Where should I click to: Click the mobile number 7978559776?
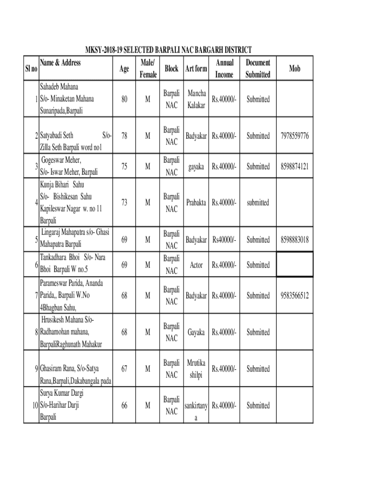pos(294,136)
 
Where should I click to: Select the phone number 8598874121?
pos(294,167)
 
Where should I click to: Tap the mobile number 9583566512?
pos(294,296)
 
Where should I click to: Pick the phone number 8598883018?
pos(294,239)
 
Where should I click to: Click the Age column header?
pos(124,69)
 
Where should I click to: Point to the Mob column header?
pos(294,69)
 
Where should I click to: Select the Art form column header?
pos(195,69)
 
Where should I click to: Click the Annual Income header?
pos(224,69)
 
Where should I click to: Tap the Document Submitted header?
pos(258,69)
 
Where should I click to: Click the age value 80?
pos(124,100)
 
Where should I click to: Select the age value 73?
pos(124,203)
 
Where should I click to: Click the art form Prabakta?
pos(196,203)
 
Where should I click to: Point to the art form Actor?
pos(196,265)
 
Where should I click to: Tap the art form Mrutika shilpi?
pos(195,369)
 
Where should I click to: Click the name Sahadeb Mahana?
pos(59,87)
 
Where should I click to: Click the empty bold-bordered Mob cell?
pos(294,265)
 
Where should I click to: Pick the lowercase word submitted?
pos(258,203)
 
